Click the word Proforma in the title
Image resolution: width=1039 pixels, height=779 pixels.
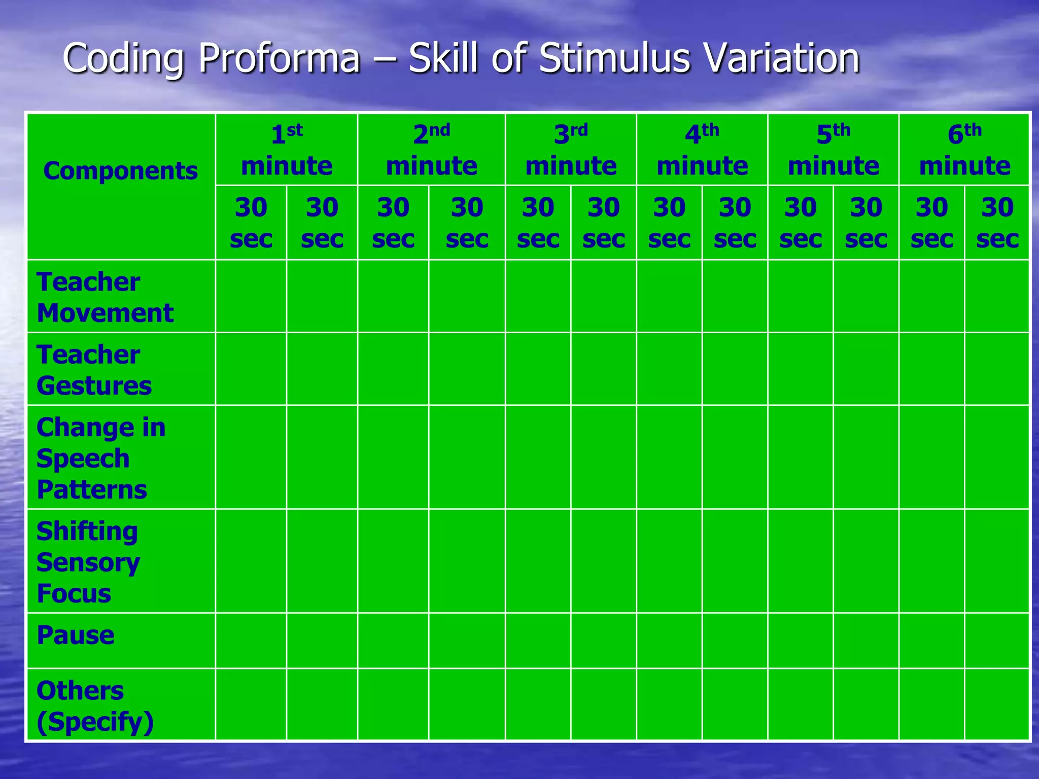pyautogui.click(x=279, y=58)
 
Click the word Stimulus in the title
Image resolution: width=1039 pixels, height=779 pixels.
pyautogui.click(x=614, y=58)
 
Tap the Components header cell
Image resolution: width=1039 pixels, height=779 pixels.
pyautogui.click(x=120, y=171)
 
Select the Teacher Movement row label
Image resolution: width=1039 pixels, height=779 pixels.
pyautogui.click(x=105, y=297)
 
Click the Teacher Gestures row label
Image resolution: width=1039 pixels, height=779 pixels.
pyautogui.click(x=94, y=370)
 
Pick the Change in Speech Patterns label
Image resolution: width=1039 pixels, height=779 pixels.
pyautogui.click(x=101, y=458)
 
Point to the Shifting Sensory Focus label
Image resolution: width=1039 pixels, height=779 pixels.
pyautogui.click(x=88, y=562)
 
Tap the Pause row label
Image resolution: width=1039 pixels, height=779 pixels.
pyautogui.click(x=76, y=635)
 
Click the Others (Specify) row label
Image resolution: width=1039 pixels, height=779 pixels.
pyautogui.click(x=95, y=706)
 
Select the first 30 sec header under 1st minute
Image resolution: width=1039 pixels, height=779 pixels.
pyautogui.click(x=251, y=223)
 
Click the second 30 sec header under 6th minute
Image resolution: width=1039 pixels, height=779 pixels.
pyautogui.click(x=997, y=223)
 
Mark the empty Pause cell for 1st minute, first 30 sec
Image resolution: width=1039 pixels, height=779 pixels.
pyautogui.click(x=251, y=641)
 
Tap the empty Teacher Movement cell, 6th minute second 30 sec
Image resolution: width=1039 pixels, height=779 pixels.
pyautogui.click(x=997, y=296)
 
